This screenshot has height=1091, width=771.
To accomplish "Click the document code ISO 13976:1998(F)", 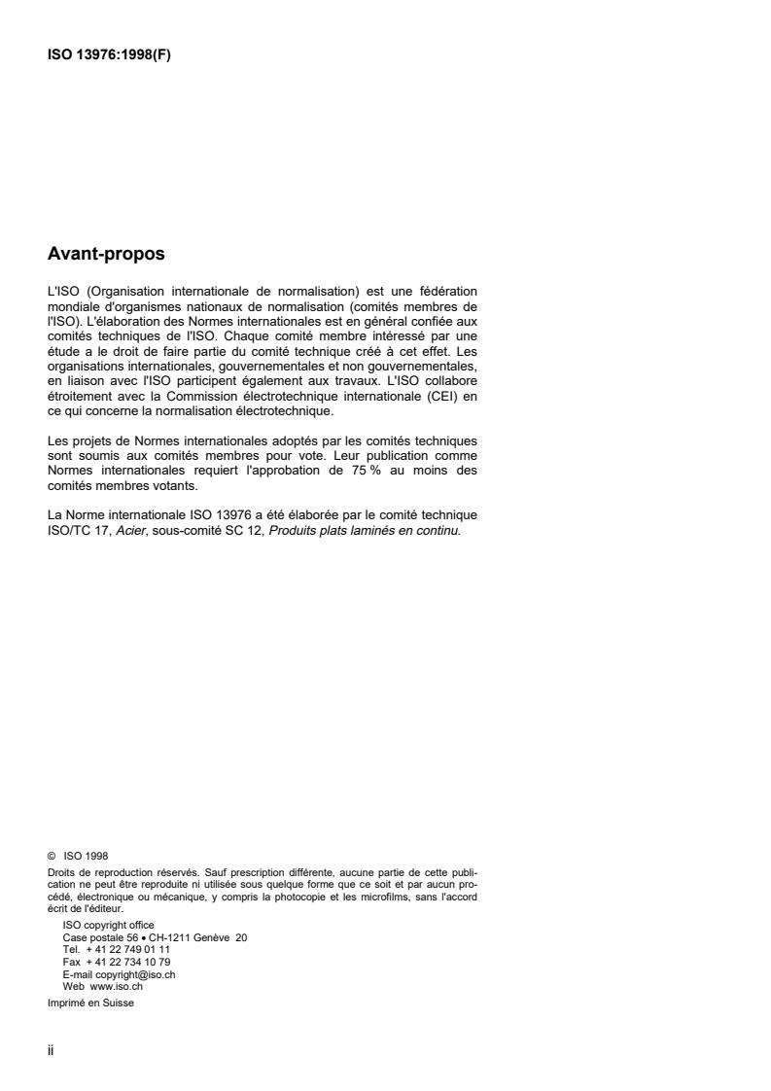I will coord(110,54).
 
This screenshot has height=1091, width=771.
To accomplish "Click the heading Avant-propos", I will coord(106,255).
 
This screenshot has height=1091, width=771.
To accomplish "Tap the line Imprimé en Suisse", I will coord(91,1003).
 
